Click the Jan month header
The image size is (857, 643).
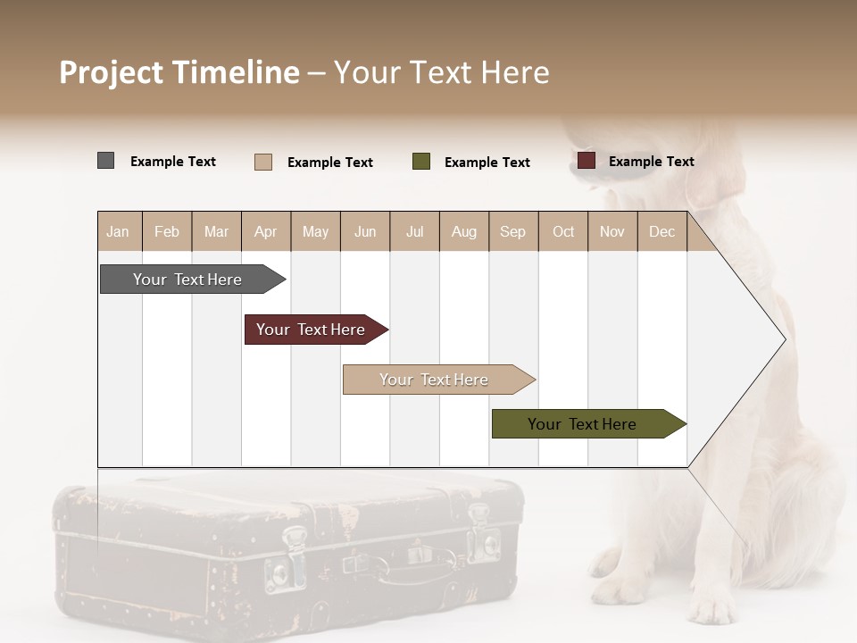coord(118,232)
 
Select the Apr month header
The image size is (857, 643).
coord(266,232)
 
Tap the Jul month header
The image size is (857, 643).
coord(415,232)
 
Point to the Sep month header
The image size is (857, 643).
coord(512,232)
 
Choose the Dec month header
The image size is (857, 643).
coord(661,232)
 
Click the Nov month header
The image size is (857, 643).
coord(612,232)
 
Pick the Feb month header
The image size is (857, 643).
coord(167,232)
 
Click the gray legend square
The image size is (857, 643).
coord(106,161)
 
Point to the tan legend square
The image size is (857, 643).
coord(263,162)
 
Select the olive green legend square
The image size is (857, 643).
coord(421,162)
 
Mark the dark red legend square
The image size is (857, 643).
coord(587,161)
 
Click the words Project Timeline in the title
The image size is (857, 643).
coord(179,72)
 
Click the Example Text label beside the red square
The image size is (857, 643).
coord(651,162)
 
